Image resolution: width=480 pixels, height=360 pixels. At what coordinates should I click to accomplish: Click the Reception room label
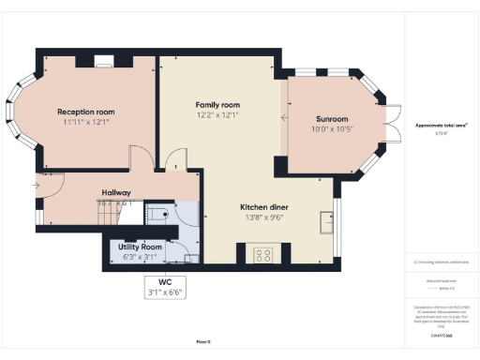85,111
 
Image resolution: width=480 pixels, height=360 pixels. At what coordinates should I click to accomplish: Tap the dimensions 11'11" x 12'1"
85,122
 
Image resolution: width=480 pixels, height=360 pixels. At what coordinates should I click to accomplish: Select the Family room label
217,104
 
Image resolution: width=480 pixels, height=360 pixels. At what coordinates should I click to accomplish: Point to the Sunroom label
332,119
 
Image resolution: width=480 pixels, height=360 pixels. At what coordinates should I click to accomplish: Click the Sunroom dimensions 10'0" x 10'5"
332,129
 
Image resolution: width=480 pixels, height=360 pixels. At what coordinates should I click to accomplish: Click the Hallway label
116,193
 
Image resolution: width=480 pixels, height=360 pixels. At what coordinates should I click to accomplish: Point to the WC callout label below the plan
165,282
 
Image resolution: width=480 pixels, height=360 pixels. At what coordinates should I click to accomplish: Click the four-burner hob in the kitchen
262,253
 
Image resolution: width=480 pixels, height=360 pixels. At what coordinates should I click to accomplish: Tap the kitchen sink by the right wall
327,221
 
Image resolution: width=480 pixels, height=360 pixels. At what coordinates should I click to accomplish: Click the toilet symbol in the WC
158,215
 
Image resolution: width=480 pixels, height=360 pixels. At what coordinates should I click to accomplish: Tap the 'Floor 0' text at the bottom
202,341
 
